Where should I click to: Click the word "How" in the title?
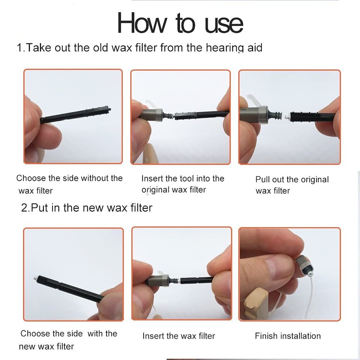pos(142,23)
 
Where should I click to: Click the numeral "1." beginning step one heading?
pos(21,48)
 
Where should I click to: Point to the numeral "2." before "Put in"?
pos(25,208)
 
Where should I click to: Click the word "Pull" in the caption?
pos(262,179)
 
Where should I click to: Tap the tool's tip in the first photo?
pos(109,109)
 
